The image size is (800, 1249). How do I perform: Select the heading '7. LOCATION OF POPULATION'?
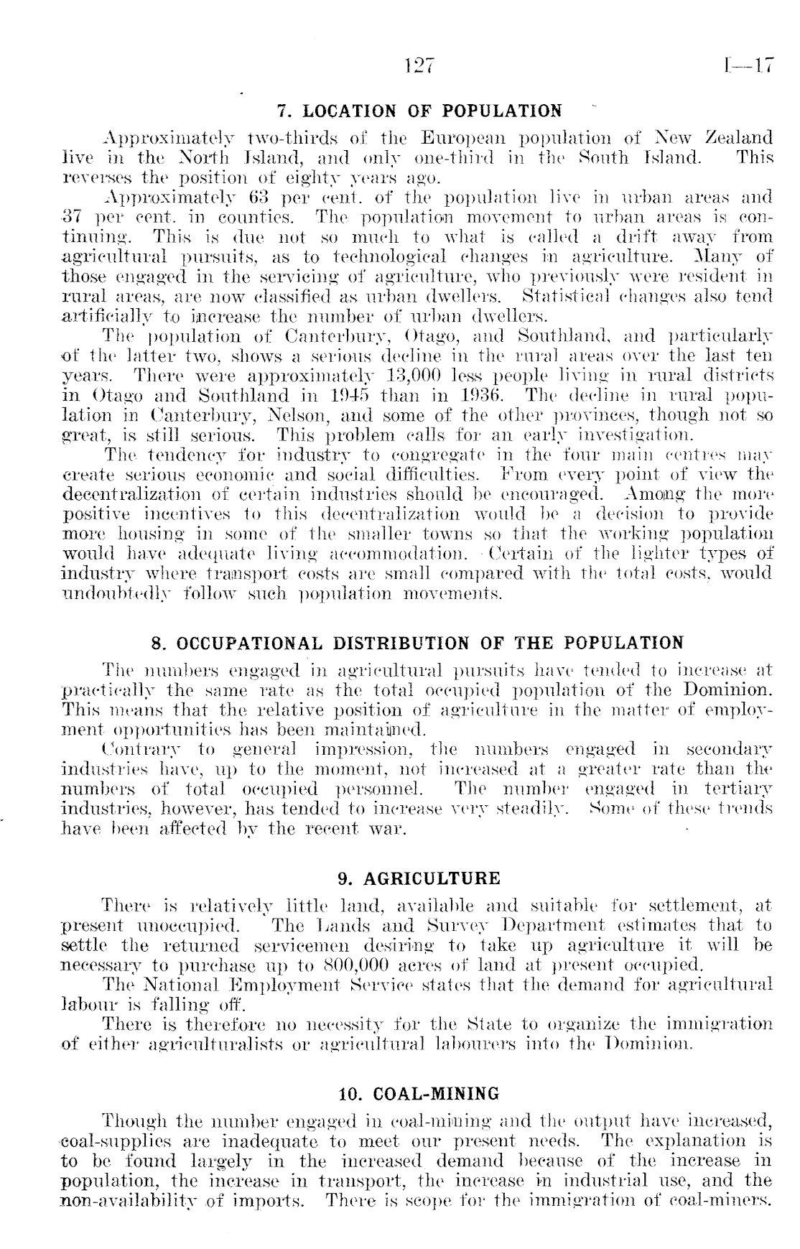(x=419, y=111)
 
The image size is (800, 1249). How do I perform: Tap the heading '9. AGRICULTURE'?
(x=419, y=878)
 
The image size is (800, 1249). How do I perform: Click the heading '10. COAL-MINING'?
(x=419, y=1095)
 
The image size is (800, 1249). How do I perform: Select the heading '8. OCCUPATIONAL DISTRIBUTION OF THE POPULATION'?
(x=419, y=642)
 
